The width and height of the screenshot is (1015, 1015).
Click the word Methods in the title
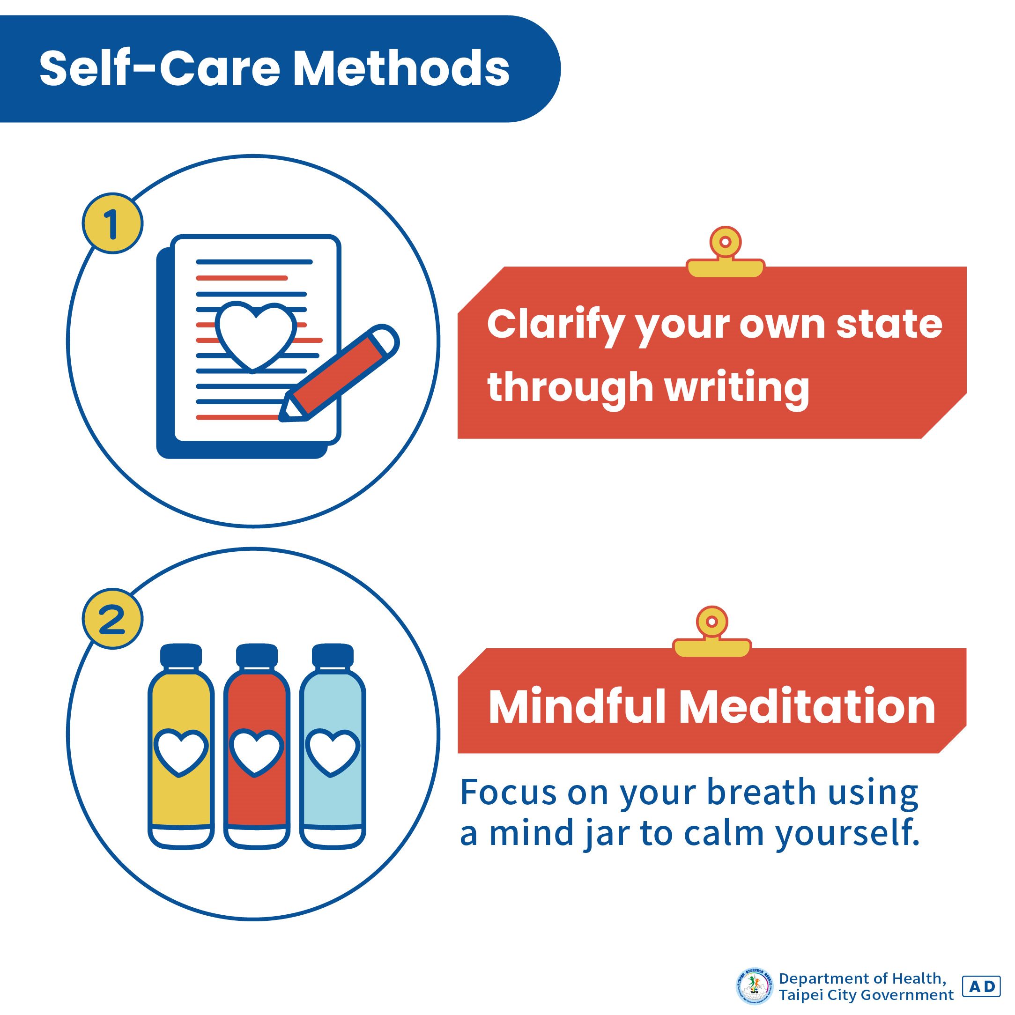pyautogui.click(x=400, y=69)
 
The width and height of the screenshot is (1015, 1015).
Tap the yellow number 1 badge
pyautogui.click(x=112, y=224)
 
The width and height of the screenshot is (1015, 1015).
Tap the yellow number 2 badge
pyautogui.click(x=112, y=619)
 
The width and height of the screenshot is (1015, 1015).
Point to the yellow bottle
pyautogui.click(x=181, y=756)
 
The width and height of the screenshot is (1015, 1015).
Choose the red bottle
pyautogui.click(x=256, y=756)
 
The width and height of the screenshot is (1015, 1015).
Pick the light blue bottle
pyautogui.click(x=332, y=756)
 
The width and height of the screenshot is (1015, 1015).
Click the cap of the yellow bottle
pyautogui.click(x=181, y=656)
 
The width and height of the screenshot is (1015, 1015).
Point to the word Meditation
pyautogui.click(x=807, y=707)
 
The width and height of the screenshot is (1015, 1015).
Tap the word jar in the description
pyautogui.click(x=606, y=833)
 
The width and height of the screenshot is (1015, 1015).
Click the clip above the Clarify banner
pyautogui.click(x=725, y=252)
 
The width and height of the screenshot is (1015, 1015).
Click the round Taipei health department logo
pyautogui.click(x=755, y=986)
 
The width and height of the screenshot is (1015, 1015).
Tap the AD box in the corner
pyautogui.click(x=980, y=986)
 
